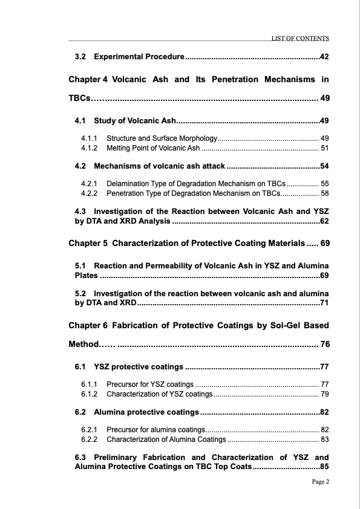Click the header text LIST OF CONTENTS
(x=300, y=38)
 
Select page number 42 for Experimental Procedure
(x=324, y=57)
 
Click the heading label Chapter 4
(x=88, y=79)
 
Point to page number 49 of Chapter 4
(x=324, y=98)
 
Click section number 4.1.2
(x=90, y=148)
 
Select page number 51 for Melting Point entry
(x=324, y=148)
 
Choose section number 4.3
(x=80, y=211)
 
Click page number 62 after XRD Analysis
(x=324, y=222)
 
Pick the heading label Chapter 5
(x=88, y=244)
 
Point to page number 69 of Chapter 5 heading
(x=324, y=244)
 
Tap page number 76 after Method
(x=324, y=345)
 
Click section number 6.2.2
(x=90, y=439)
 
